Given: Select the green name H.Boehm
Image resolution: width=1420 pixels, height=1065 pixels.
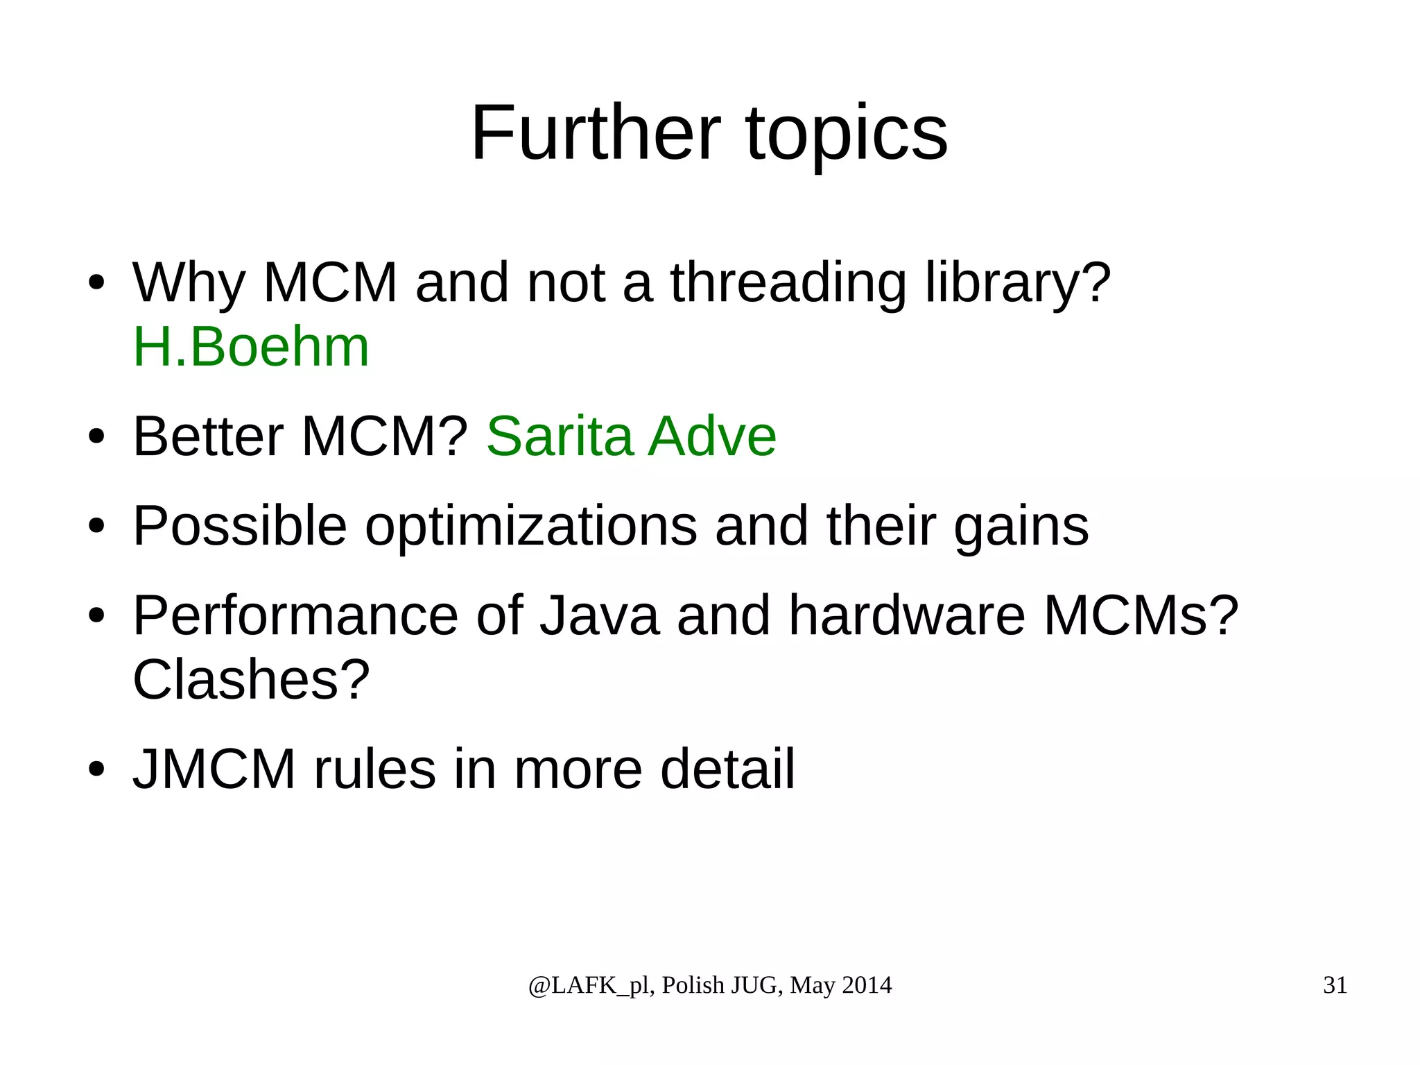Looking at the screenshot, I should tap(251, 347).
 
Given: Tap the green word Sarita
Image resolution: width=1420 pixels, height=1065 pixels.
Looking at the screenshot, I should tap(560, 436).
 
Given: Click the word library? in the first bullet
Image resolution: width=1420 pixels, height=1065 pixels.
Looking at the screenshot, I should tap(1018, 284).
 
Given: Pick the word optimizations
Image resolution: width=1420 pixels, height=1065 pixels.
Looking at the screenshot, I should tap(531, 527).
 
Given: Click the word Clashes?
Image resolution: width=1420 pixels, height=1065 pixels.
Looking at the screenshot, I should tap(251, 680).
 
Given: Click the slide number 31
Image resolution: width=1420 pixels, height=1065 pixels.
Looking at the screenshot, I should tap(1335, 985).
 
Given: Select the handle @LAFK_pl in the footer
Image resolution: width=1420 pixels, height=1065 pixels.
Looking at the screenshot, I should tap(589, 986).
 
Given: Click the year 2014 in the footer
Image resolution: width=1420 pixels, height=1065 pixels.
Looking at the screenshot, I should tap(867, 985).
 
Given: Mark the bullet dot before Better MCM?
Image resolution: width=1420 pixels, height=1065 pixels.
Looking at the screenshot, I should tap(96, 437).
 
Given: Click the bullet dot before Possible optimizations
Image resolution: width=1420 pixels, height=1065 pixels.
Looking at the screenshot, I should tap(96, 527).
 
